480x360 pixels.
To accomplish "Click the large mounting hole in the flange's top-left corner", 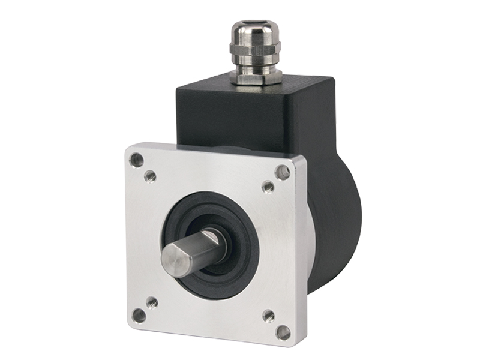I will point(137,160).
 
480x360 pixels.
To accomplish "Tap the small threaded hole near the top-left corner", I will point(151,176).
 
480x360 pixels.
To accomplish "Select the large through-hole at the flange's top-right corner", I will point(282,173).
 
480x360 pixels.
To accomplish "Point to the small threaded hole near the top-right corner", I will point(268,187).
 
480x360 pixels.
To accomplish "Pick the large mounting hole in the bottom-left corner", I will point(139,315).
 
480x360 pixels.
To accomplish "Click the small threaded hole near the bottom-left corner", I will point(152,302).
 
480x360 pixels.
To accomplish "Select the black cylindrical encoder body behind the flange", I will point(342,228).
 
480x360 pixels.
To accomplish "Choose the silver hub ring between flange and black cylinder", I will point(313,234).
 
